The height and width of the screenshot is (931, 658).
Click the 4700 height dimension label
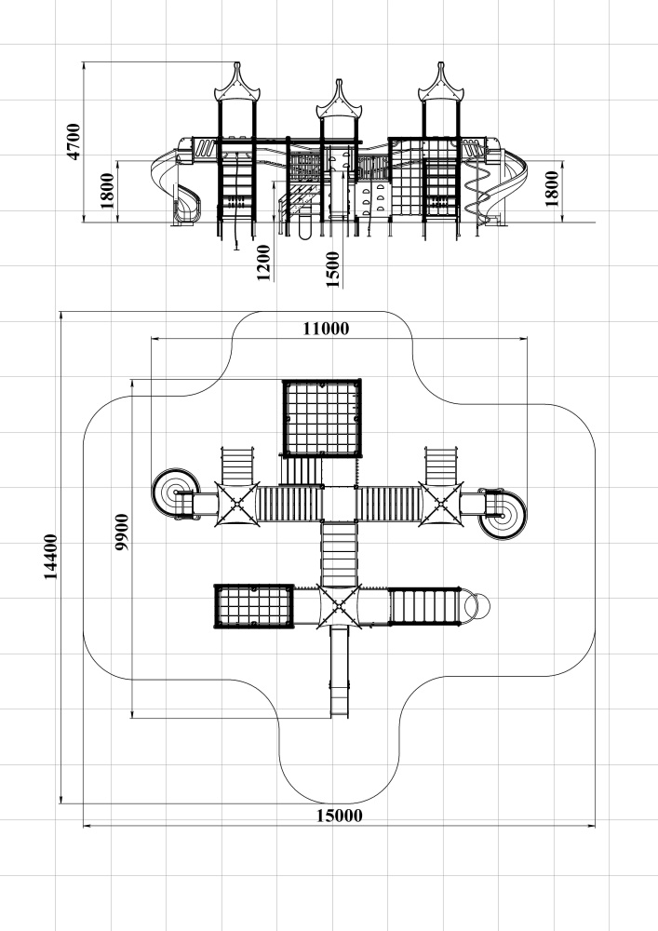point(75,141)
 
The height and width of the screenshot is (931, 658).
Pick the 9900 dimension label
point(122,532)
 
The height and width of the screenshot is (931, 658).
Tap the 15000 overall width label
point(340,815)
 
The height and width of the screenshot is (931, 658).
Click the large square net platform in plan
point(321,418)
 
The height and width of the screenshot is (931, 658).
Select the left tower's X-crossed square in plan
point(236,503)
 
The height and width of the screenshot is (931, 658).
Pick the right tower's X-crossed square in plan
point(441,503)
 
